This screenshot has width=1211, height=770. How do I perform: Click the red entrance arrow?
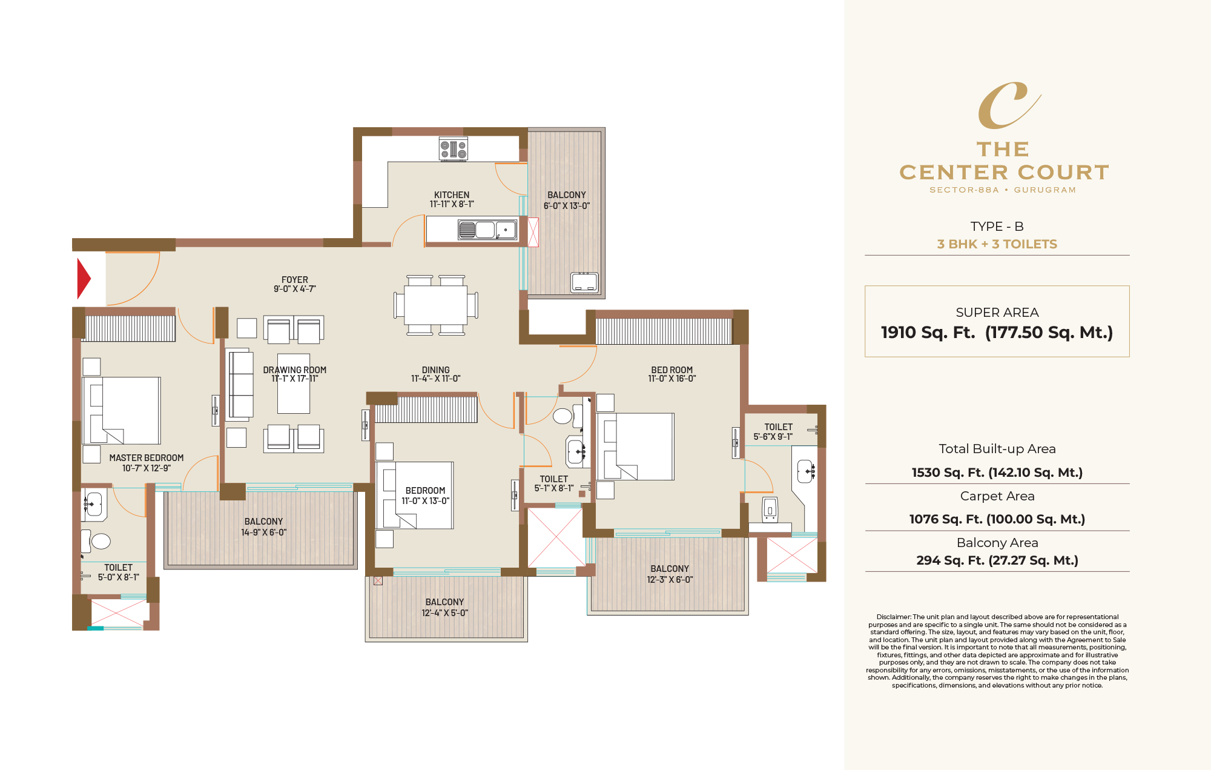click(84, 279)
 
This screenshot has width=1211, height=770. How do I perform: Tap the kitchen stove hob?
click(454, 148)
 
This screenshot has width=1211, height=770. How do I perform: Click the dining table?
click(436, 305)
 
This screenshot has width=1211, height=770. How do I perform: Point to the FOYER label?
click(294, 280)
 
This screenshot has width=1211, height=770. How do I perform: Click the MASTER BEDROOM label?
click(146, 458)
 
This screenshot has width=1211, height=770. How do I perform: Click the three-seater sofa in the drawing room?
click(240, 384)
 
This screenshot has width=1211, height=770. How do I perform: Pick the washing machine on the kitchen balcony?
click(584, 282)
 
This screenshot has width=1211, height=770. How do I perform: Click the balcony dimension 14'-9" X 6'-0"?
click(263, 533)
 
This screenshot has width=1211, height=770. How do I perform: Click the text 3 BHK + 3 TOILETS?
click(997, 244)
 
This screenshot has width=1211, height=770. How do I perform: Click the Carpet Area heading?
click(997, 496)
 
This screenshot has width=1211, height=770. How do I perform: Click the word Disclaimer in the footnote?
click(893, 617)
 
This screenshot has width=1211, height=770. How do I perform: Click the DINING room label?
click(435, 370)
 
